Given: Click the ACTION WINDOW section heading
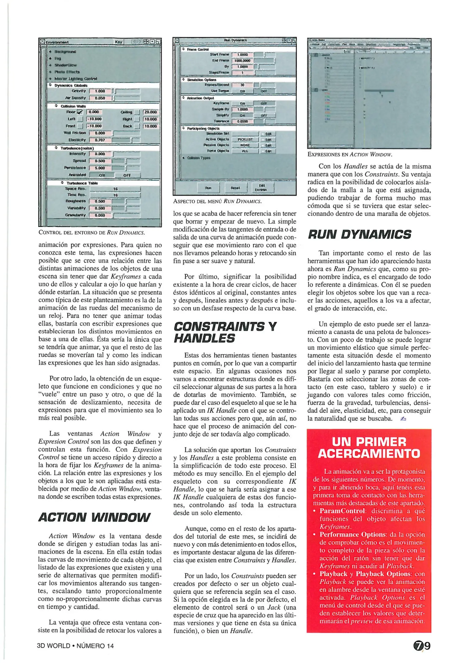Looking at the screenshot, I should [x=94, y=518].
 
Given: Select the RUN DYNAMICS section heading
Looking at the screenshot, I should [x=359, y=235].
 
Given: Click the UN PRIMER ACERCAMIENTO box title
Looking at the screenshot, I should [x=369, y=448].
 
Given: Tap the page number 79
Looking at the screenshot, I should [x=422, y=646].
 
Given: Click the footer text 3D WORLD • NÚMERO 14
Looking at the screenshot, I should [x=75, y=646].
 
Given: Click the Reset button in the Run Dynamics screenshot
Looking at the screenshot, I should [x=235, y=188].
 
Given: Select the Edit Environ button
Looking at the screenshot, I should [x=262, y=188].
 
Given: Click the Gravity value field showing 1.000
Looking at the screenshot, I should [x=100, y=91].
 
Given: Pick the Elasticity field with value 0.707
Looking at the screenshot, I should [x=100, y=140].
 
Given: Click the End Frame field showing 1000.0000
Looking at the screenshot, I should [x=242, y=61].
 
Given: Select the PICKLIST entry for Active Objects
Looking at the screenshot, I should [x=245, y=139].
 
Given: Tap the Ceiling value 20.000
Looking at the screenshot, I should [x=150, y=112].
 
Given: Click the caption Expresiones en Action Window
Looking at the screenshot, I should [x=350, y=154].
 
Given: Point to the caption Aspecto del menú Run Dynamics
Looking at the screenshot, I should [x=217, y=201].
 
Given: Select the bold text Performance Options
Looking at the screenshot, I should [x=352, y=534].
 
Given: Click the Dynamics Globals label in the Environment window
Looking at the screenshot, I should [x=71, y=85].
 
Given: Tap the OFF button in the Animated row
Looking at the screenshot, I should [x=127, y=175].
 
